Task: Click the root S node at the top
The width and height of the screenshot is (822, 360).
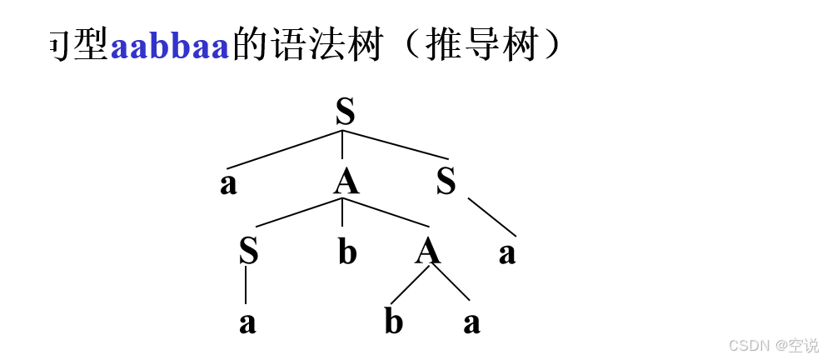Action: pyautogui.click(x=345, y=112)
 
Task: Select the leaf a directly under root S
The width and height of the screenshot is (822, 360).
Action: pyautogui.click(x=228, y=184)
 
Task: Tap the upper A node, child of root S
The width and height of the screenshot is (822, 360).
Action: pyautogui.click(x=346, y=182)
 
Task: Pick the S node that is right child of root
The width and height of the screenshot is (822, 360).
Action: pyautogui.click(x=446, y=182)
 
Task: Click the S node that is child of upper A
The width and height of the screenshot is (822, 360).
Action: pyautogui.click(x=247, y=251)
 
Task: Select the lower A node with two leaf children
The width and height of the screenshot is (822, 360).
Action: pyautogui.click(x=428, y=251)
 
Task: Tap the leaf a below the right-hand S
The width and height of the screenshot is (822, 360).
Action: pyautogui.click(x=507, y=253)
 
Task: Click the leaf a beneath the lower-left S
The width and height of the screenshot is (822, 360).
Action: pyautogui.click(x=247, y=322)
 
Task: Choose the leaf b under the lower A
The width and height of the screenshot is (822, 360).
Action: pyautogui.click(x=393, y=322)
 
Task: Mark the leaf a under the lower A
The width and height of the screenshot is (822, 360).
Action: pyautogui.click(x=472, y=322)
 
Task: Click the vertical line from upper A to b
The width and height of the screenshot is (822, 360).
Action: pyautogui.click(x=343, y=213)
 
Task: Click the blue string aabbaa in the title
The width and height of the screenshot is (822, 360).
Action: pyautogui.click(x=169, y=47)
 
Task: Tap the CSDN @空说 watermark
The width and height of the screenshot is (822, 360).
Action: pyautogui.click(x=773, y=344)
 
